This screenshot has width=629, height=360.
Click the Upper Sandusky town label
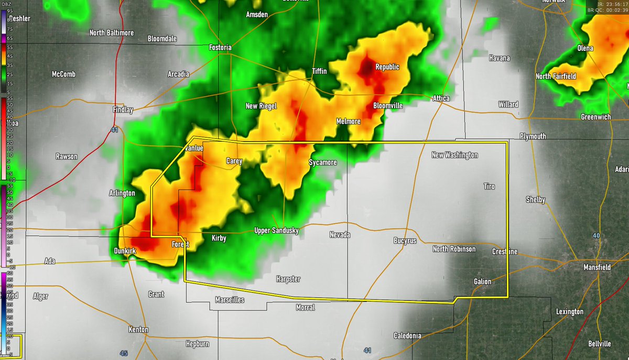pos(276,231)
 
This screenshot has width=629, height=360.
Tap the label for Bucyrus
pos(405,241)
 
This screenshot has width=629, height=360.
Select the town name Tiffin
pos(319,71)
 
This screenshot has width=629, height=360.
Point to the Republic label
pos(387,67)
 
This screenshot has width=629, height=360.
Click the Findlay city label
pos(123,110)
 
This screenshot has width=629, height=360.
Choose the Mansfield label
pos(598,267)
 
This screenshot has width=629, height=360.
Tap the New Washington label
pos(454,155)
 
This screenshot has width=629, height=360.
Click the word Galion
pos(483,281)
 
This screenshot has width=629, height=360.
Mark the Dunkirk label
pos(125,252)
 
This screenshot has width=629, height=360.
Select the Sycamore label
pos(322,163)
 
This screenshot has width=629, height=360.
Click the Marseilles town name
pos(230,300)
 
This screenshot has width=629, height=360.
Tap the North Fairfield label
pos(556,77)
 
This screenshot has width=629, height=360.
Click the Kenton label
pos(138,330)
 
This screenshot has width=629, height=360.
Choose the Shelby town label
pos(536,200)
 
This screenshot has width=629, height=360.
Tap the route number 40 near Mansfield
pos(597,236)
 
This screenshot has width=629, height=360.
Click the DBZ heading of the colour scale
pos(9,4)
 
